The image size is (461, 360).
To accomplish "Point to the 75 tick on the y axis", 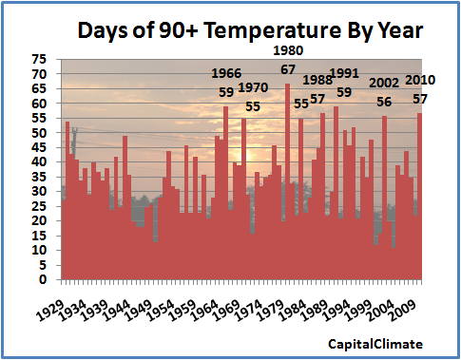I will pyautogui.click(x=40, y=59).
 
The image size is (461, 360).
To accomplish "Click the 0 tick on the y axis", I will pyautogui.click(x=44, y=280).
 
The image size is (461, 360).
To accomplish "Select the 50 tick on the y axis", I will pyautogui.click(x=40, y=133).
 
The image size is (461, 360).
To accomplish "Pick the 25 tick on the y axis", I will pyautogui.click(x=40, y=207).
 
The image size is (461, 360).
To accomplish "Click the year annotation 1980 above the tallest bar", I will pyautogui.click(x=288, y=50).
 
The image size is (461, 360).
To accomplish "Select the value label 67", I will pyautogui.click(x=287, y=69).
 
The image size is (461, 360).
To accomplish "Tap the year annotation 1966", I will pyautogui.click(x=226, y=74).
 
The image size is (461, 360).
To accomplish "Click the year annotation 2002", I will pyautogui.click(x=384, y=84).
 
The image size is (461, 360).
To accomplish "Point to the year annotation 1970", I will pyautogui.click(x=253, y=88).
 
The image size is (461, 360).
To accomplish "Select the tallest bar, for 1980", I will pyautogui.click(x=287, y=180).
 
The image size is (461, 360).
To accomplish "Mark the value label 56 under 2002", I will pyautogui.click(x=384, y=102).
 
